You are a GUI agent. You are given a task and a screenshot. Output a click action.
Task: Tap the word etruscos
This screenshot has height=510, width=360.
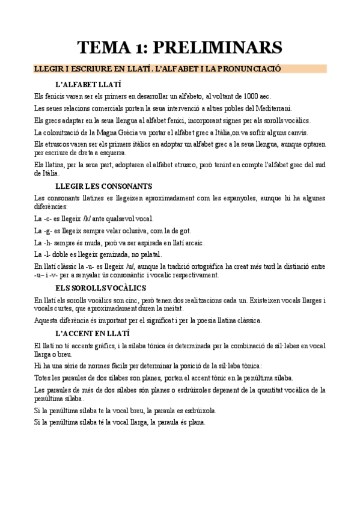tap(55, 144)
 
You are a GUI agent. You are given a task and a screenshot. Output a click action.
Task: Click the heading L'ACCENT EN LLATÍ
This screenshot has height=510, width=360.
tap(91, 333)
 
